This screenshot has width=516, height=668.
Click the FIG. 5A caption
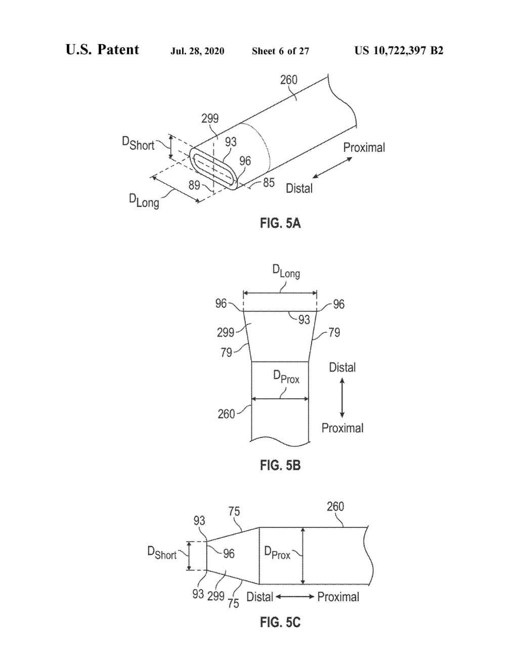point(280,223)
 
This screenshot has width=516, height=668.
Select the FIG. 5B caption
point(280,466)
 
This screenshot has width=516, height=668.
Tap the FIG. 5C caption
point(280,622)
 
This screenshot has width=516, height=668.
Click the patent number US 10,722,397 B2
point(399,51)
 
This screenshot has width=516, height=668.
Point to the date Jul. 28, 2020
point(197,51)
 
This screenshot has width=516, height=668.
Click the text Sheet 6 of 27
point(280,51)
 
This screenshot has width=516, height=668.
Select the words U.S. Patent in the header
point(102,50)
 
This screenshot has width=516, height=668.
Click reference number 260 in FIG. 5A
point(288,80)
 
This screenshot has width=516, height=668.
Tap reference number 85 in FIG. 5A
point(269,183)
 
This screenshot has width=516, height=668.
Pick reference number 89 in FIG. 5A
point(194,185)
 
